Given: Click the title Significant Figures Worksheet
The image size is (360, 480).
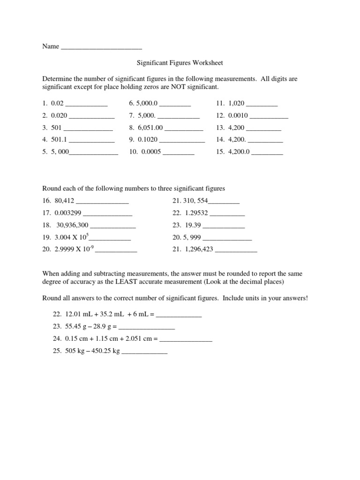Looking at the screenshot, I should tap(180, 62).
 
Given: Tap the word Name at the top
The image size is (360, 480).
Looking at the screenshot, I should tap(51, 46).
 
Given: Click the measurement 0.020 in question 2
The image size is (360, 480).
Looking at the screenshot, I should tap(59, 116).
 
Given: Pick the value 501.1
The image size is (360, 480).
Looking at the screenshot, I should tap(59, 140).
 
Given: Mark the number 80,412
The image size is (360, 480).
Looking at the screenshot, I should tap(64, 201).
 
